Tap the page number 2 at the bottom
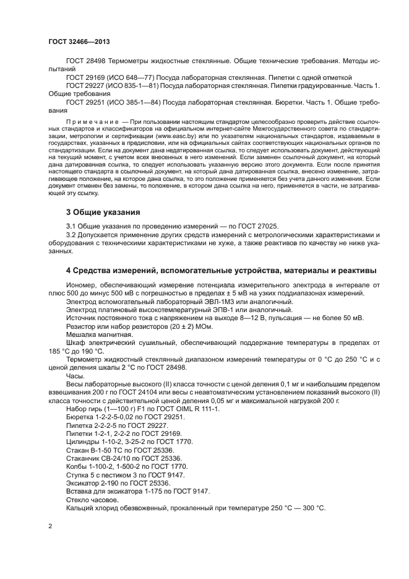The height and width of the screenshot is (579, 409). pyautogui.click(x=50, y=525)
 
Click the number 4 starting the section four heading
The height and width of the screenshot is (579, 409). pyautogui.click(x=69, y=271)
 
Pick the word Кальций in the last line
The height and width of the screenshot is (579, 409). pyautogui.click(x=80, y=508)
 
